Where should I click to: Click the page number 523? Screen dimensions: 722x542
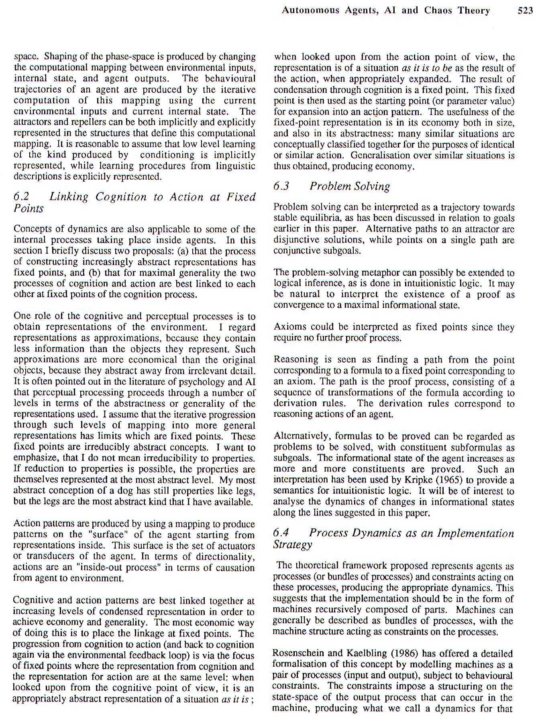[x=525, y=10]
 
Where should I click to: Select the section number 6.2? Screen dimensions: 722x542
[x=22, y=197]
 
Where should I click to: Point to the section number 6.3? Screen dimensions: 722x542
[x=281, y=186]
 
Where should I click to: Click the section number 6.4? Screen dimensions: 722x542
[x=281, y=533]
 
